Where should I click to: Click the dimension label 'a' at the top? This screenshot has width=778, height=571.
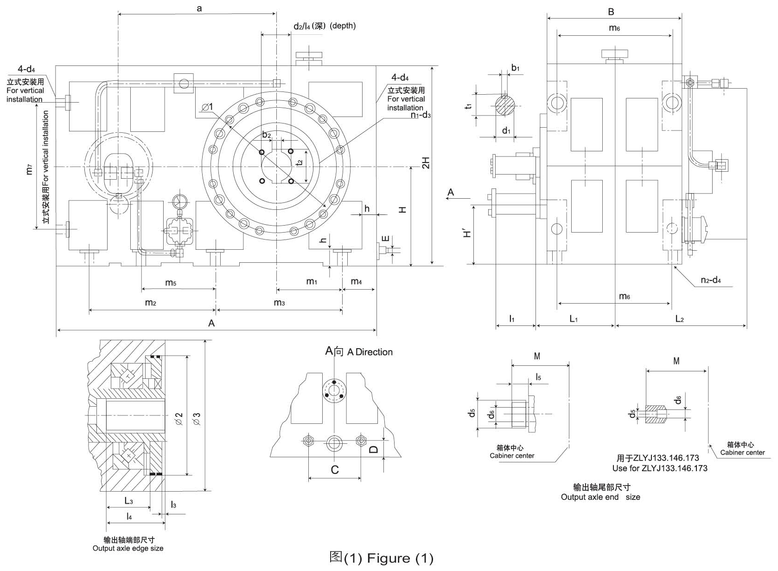pyautogui.click(x=199, y=8)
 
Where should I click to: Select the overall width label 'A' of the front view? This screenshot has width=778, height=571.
pyautogui.click(x=211, y=324)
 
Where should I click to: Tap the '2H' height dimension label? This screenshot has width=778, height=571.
pyautogui.click(x=426, y=163)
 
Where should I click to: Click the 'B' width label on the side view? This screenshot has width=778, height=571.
pyautogui.click(x=611, y=12)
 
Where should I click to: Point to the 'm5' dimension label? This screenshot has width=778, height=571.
pyautogui.click(x=171, y=283)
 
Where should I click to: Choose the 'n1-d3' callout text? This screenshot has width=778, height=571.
pyautogui.click(x=421, y=115)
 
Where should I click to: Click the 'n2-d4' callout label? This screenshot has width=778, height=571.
pyautogui.click(x=711, y=280)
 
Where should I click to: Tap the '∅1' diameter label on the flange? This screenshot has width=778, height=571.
pyautogui.click(x=207, y=107)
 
